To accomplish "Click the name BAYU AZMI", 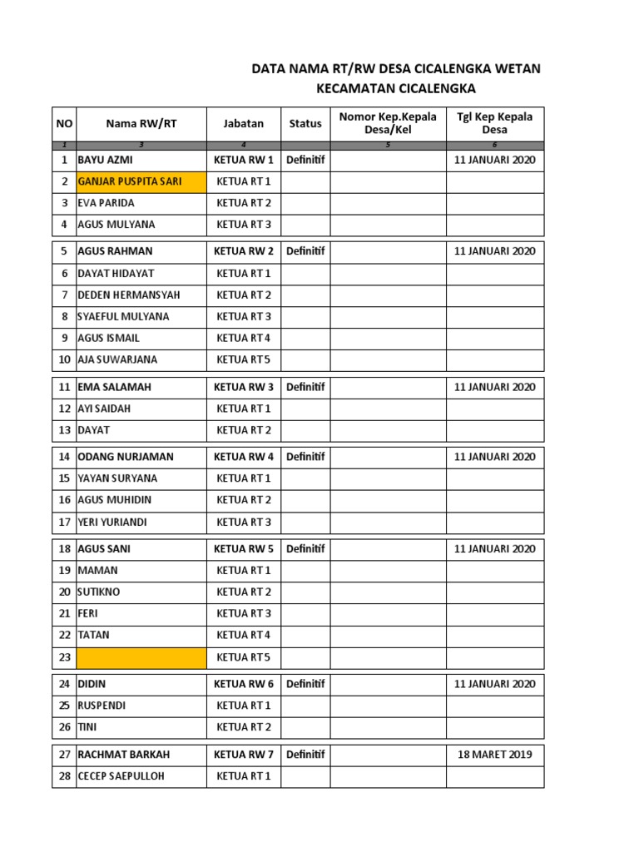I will click(x=105, y=160).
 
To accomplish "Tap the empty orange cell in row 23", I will click(x=141, y=657).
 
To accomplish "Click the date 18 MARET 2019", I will click(x=495, y=755).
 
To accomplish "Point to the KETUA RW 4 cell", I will click(x=243, y=457).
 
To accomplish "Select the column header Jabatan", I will click(x=243, y=123).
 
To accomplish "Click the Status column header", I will click(x=305, y=123).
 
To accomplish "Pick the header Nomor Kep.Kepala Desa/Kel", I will click(x=388, y=123).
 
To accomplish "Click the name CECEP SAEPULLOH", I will click(x=121, y=776).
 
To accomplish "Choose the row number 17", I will click(x=64, y=522).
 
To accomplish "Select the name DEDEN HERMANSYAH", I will click(x=128, y=295).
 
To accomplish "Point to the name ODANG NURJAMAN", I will click(x=126, y=457).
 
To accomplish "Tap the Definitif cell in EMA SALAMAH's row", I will click(x=305, y=387).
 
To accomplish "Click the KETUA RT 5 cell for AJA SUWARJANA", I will click(x=243, y=359).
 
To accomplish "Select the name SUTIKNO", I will click(x=98, y=592).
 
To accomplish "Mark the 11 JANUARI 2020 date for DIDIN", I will click(x=495, y=684).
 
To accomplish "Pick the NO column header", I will click(x=64, y=123).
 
